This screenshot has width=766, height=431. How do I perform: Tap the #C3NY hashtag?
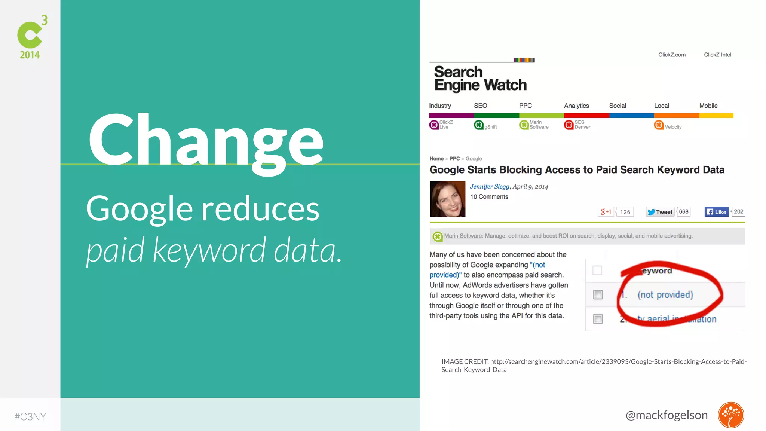click(30, 416)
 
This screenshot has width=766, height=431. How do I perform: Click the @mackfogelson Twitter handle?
click(667, 415)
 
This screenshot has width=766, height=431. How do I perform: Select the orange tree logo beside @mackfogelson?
click(731, 415)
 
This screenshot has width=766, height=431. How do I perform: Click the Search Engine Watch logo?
click(480, 78)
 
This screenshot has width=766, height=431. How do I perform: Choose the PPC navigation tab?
click(525, 106)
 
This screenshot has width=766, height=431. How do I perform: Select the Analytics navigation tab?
click(576, 106)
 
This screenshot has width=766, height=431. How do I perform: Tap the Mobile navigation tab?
click(708, 106)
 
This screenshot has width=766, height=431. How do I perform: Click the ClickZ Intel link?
click(717, 55)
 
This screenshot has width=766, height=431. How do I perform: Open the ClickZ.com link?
click(672, 55)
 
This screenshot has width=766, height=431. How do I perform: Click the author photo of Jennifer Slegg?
click(447, 199)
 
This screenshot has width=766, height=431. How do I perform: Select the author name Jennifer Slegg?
click(490, 186)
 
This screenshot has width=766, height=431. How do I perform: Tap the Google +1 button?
click(606, 212)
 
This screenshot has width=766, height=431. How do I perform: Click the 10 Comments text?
click(489, 197)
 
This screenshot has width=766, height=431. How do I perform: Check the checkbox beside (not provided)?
click(598, 295)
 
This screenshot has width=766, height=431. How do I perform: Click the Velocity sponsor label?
click(673, 127)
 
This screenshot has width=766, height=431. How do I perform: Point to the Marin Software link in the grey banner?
click(463, 236)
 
